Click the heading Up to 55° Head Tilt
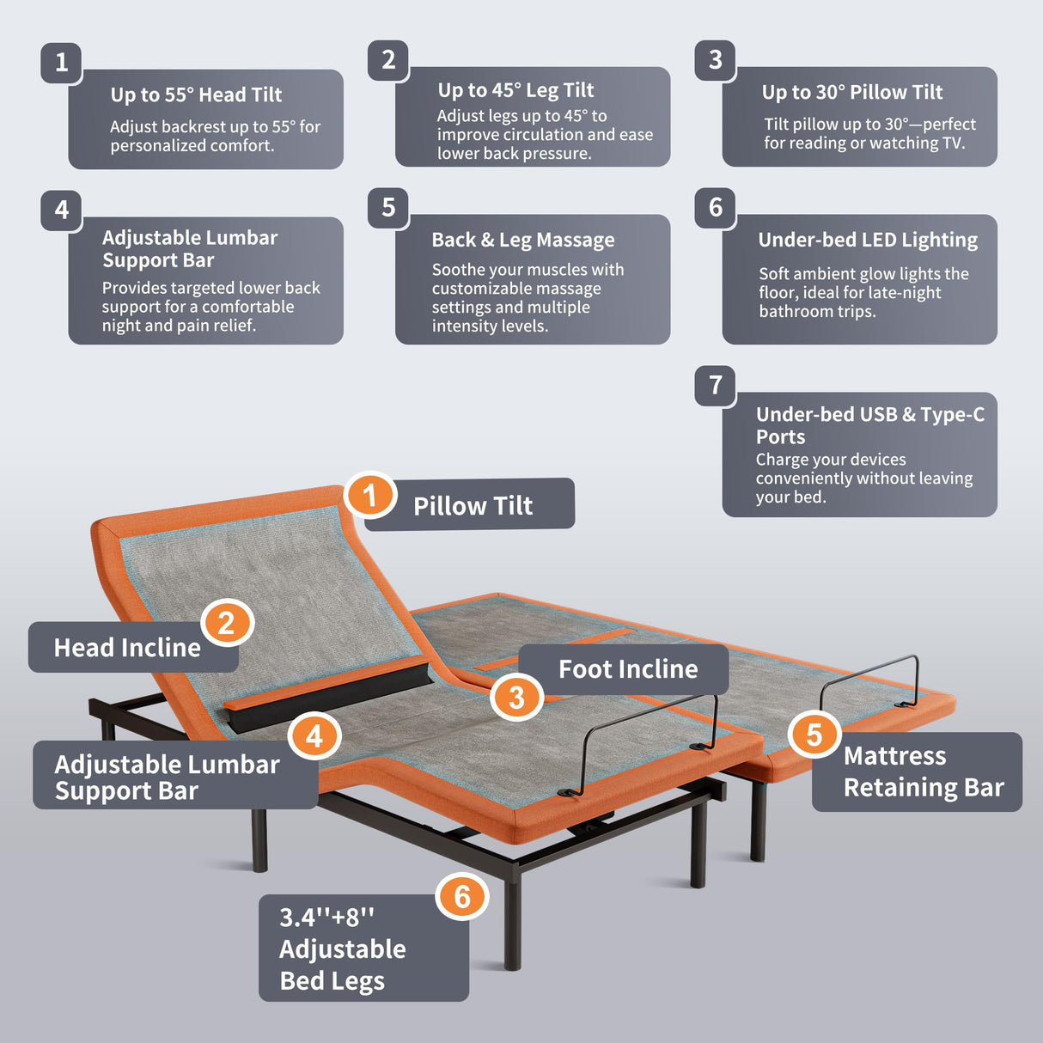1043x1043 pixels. pyautogui.click(x=196, y=95)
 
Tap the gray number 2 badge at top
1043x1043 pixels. pyautogui.click(x=388, y=60)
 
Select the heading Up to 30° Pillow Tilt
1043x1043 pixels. pyautogui.click(x=851, y=92)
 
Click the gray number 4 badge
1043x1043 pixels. pyautogui.click(x=61, y=210)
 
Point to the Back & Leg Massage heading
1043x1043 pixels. pyautogui.click(x=522, y=240)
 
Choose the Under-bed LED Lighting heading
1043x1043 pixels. pyautogui.click(x=867, y=240)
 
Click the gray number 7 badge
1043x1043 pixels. pyautogui.click(x=715, y=385)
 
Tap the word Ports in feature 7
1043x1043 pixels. pyautogui.click(x=780, y=436)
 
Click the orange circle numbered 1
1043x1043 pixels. pyautogui.click(x=370, y=495)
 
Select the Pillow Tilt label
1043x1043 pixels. pyautogui.click(x=473, y=505)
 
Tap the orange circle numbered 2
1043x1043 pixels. pyautogui.click(x=226, y=623)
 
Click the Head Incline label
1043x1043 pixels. pyautogui.click(x=127, y=647)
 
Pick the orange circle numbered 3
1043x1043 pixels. pyautogui.click(x=515, y=697)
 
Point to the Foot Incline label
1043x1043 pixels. pyautogui.click(x=628, y=668)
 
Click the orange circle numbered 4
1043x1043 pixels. pyautogui.click(x=314, y=736)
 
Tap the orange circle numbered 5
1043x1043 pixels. pyautogui.click(x=813, y=735)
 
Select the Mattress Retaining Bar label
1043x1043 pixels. pyautogui.click(x=923, y=772)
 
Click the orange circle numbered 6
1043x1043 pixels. pyautogui.click(x=462, y=896)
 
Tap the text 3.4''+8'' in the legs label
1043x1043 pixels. pyautogui.click(x=326, y=917)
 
